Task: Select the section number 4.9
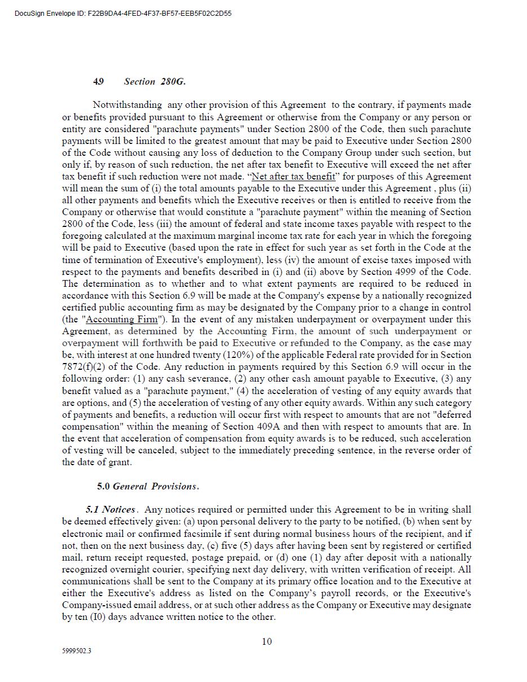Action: tap(98, 81)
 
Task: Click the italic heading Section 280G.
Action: tap(155, 81)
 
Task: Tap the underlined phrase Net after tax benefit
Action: tap(293, 176)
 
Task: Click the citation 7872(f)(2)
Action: tap(89, 367)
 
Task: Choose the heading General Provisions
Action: tap(155, 486)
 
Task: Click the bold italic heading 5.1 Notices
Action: tap(111, 509)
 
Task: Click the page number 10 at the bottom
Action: tap(267, 641)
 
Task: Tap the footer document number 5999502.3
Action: tap(77, 651)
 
